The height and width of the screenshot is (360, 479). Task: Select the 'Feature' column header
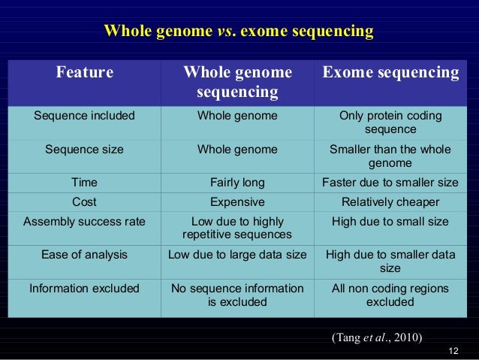click(x=85, y=73)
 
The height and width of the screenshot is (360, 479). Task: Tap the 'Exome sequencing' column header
click(x=390, y=73)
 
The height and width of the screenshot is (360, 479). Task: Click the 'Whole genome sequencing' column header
click(x=237, y=82)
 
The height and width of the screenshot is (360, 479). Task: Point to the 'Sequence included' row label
click(x=85, y=116)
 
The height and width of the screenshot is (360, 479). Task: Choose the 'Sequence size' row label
click(x=85, y=150)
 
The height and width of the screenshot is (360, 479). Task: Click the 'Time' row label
click(x=85, y=182)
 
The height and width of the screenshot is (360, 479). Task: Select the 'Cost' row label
click(x=85, y=202)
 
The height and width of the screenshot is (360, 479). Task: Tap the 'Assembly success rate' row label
click(x=85, y=222)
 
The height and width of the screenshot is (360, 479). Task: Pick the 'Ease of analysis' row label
click(x=85, y=255)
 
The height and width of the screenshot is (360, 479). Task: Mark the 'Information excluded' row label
click(x=85, y=289)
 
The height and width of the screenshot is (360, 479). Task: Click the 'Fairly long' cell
click(x=237, y=182)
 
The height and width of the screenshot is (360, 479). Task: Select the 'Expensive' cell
click(x=237, y=202)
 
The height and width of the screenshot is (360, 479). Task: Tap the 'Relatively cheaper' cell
click(x=390, y=202)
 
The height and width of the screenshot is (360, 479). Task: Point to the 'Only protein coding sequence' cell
click(x=390, y=123)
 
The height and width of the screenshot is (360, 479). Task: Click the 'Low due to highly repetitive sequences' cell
click(x=237, y=228)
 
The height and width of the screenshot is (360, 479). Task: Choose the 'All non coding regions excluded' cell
click(x=390, y=295)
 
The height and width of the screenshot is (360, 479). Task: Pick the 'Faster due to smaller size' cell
click(x=390, y=182)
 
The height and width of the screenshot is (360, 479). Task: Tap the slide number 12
click(x=452, y=351)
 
